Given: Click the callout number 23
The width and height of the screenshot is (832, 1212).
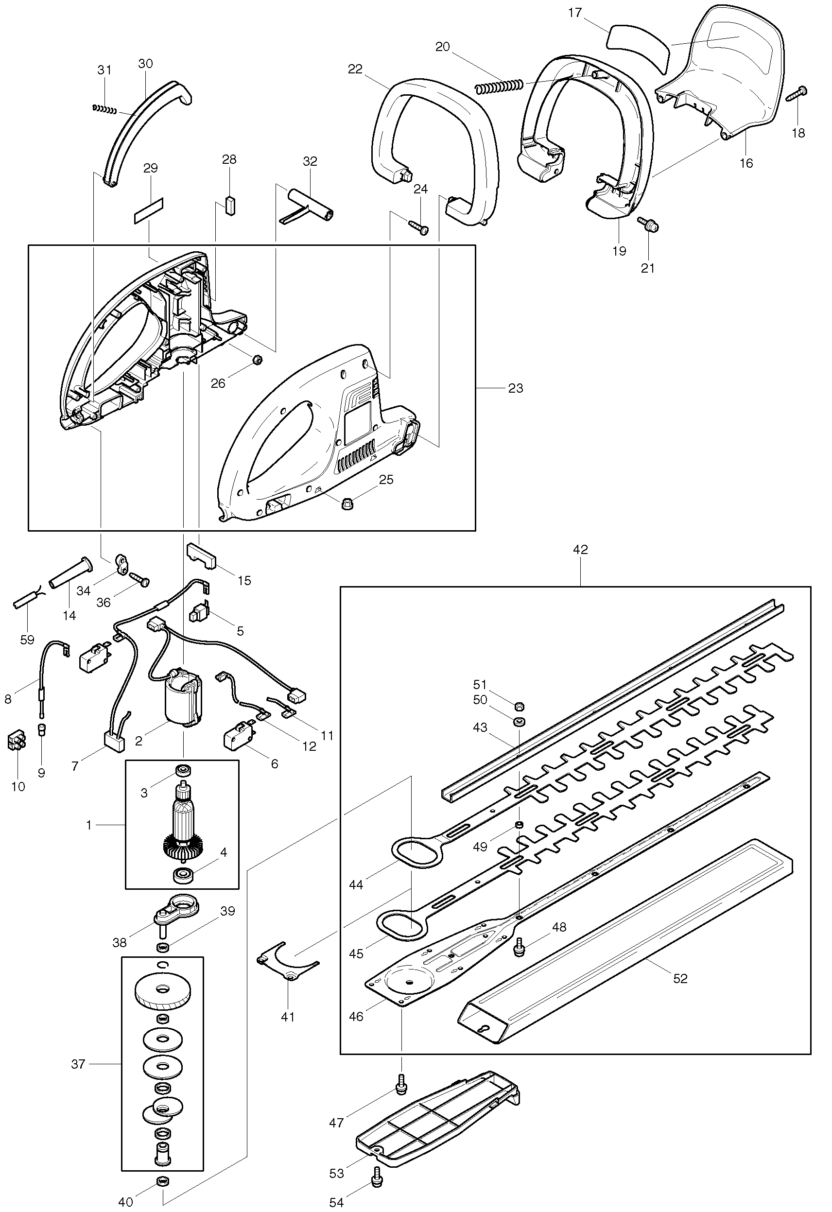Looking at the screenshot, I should [x=515, y=388].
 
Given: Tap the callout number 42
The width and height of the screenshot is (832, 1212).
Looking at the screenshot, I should [x=580, y=549].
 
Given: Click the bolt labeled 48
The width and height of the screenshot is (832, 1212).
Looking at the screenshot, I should [x=519, y=946].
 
